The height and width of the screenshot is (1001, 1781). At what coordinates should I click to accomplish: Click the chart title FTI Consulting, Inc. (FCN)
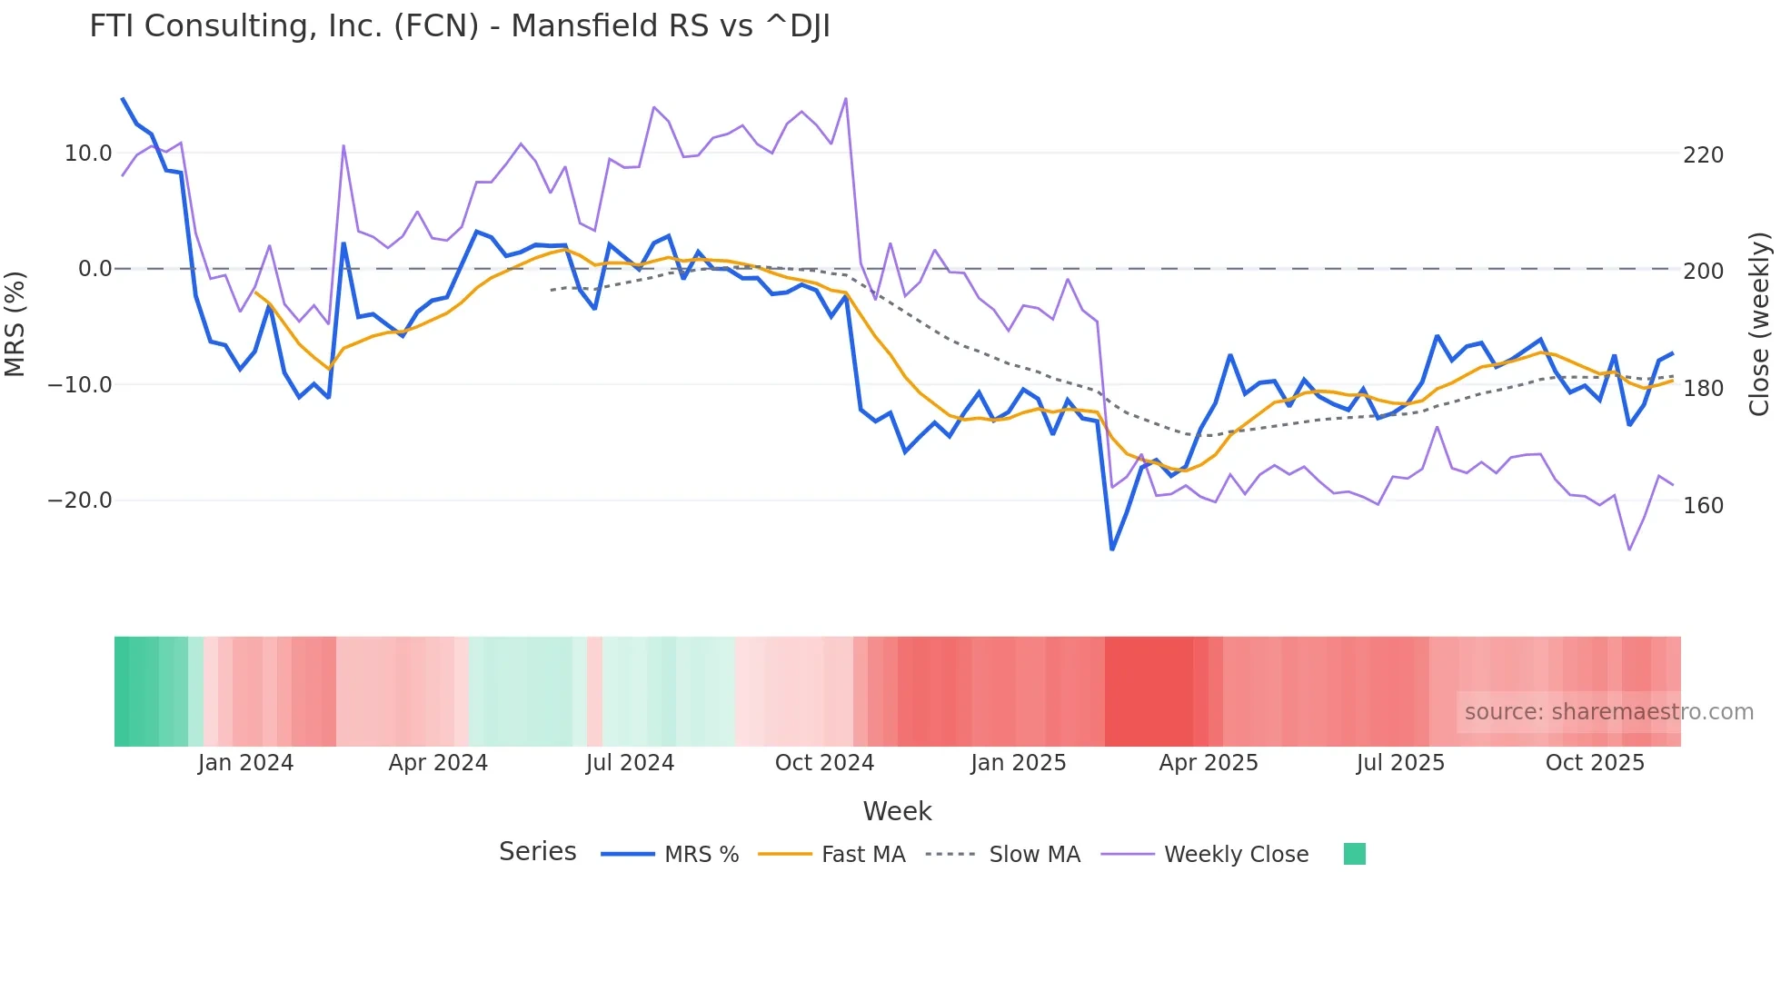(459, 26)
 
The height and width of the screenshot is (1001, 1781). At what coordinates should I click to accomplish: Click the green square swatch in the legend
(1354, 854)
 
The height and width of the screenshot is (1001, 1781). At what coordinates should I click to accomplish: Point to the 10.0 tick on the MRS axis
(88, 154)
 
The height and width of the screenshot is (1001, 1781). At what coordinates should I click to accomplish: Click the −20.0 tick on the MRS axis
(80, 500)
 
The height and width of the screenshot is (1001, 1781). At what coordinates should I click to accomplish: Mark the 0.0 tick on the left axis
(95, 269)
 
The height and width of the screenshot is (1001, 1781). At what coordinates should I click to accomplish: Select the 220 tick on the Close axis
(1703, 155)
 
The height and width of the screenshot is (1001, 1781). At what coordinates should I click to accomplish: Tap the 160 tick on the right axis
(1703, 506)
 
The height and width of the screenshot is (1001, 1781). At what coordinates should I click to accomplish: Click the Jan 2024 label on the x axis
(245, 763)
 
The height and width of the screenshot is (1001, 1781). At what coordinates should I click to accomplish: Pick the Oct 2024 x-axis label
(824, 763)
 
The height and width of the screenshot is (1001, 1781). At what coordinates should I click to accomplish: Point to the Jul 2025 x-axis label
(1400, 763)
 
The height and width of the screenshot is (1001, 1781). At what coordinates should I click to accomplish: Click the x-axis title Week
(897, 811)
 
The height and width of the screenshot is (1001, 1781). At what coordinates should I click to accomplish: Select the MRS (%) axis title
(15, 324)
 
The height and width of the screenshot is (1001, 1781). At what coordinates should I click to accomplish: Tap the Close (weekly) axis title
(1759, 324)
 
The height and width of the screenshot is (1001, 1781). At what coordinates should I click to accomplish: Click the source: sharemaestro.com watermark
(1608, 712)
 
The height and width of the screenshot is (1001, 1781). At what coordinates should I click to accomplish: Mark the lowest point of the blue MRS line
(1112, 549)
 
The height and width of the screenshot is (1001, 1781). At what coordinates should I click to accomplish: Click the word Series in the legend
(537, 852)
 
